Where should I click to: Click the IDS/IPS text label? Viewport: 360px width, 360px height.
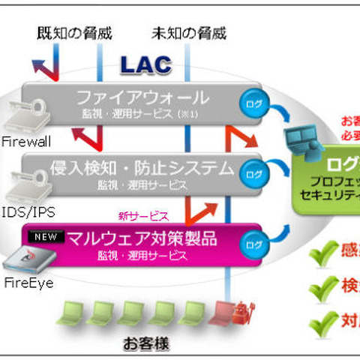(x=22, y=211)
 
